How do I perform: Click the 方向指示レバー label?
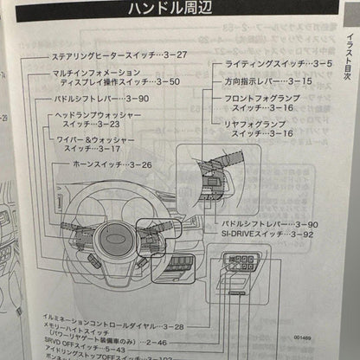click(251, 81)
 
